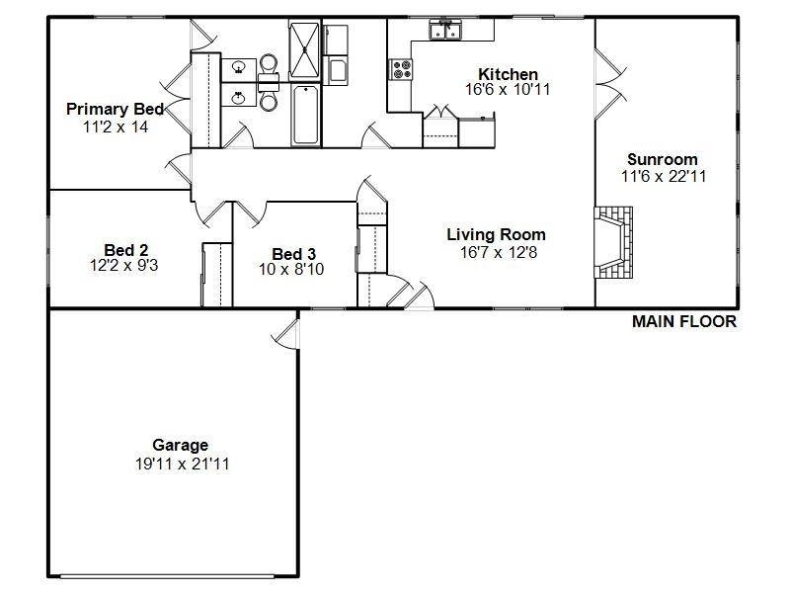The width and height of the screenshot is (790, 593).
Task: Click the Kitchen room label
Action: click(508, 74)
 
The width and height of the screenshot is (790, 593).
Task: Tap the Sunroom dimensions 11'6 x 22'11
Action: click(662, 177)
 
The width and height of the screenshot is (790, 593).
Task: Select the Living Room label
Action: click(496, 234)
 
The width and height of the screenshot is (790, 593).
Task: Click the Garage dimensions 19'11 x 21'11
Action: click(183, 463)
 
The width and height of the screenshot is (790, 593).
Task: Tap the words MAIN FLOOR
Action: click(684, 321)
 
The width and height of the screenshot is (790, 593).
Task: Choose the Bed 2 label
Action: click(125, 250)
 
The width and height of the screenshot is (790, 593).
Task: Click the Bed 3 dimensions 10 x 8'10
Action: click(292, 268)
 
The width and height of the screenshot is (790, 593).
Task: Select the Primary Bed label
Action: click(115, 109)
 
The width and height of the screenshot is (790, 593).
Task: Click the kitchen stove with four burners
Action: click(402, 69)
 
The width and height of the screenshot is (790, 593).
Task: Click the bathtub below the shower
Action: click(305, 114)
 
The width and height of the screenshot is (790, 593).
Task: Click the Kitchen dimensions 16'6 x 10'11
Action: click(508, 90)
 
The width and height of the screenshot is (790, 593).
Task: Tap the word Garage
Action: click(180, 445)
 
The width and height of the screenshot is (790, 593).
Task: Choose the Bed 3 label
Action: click(293, 253)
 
